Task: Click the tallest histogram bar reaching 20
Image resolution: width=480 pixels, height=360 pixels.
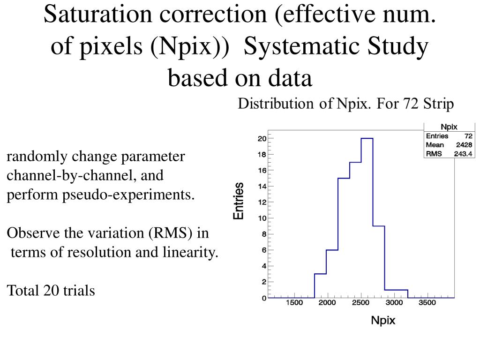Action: [367, 218]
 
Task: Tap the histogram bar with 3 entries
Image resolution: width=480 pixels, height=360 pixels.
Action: [320, 285]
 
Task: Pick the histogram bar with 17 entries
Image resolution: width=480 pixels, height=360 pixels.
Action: [355, 230]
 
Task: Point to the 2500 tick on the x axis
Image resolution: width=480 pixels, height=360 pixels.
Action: [361, 303]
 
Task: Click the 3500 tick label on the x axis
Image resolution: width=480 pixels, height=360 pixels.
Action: [427, 303]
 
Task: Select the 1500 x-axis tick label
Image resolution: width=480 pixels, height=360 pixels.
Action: [294, 303]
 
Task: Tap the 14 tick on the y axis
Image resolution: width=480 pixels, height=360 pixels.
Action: [263, 186]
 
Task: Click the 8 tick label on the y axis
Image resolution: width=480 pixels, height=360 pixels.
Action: [264, 234]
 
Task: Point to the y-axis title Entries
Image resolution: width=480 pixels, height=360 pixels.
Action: [239, 201]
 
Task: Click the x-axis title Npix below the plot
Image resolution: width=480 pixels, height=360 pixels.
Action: [383, 321]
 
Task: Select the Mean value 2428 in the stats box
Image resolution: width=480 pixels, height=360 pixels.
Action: [464, 145]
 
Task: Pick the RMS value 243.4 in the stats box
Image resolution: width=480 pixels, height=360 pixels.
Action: [463, 154]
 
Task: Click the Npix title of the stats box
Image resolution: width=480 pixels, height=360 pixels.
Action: [449, 127]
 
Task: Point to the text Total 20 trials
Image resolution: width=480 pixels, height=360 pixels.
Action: [51, 291]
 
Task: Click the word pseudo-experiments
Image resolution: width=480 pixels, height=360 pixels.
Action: [128, 195]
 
